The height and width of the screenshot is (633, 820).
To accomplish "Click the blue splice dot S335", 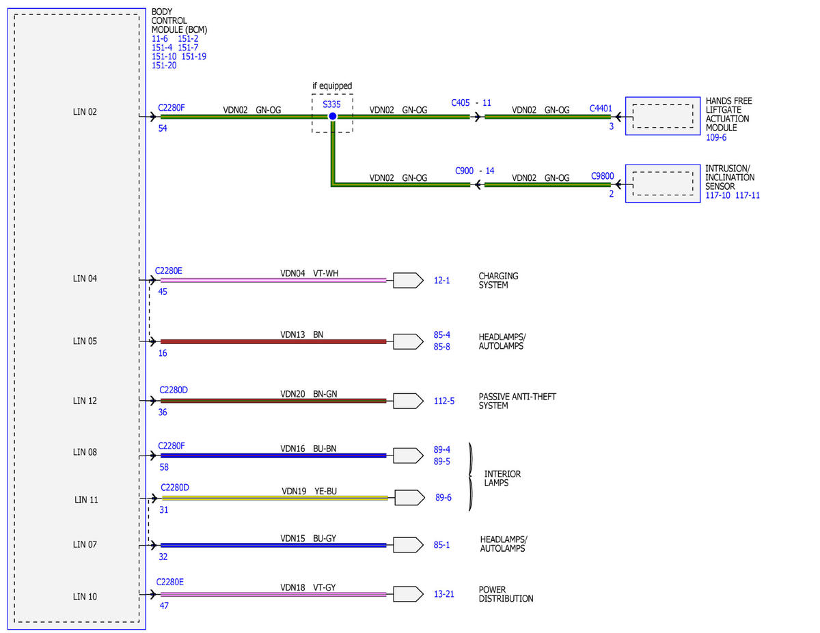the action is (x=333, y=116).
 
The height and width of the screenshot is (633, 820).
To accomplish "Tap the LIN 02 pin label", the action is (x=85, y=112).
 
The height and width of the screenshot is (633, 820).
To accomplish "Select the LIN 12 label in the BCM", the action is (x=85, y=401).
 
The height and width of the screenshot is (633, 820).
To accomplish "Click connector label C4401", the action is (x=601, y=109).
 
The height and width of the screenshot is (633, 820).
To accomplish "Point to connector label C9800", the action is (x=602, y=176).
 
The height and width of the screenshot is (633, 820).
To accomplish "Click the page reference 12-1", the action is (x=441, y=281).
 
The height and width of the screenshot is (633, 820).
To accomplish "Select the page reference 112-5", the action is (x=443, y=401).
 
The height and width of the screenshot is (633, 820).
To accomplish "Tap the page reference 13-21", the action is (x=443, y=594).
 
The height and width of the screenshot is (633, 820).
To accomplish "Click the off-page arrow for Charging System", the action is (x=408, y=281).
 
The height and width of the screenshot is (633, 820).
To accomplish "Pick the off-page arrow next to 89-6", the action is (x=409, y=498).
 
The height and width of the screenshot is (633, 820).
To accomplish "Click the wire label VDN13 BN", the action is (x=301, y=335).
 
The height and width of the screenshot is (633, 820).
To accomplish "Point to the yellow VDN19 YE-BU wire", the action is (x=275, y=498).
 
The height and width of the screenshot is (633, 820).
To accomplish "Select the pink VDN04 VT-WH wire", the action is (x=273, y=280).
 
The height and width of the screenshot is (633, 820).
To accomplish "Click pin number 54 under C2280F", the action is (x=163, y=128).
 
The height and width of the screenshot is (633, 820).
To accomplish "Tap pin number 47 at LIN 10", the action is (x=164, y=606).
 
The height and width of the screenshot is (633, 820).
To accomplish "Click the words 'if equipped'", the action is (x=332, y=86).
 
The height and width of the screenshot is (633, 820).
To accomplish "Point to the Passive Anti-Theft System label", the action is (x=517, y=401).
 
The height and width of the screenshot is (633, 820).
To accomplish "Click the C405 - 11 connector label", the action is (x=471, y=103).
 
